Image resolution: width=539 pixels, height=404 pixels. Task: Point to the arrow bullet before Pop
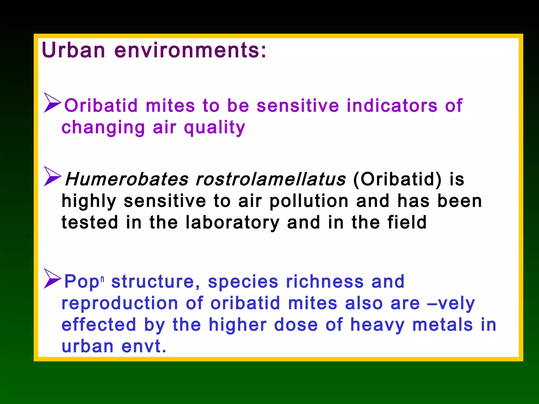[x=52, y=279]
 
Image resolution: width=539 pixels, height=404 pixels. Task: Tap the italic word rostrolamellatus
[x=271, y=179]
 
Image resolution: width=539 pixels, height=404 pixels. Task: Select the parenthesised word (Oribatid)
[x=397, y=179]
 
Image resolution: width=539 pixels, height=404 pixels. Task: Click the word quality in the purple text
[x=214, y=128]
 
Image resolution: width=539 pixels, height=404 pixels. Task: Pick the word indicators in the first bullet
[x=392, y=106]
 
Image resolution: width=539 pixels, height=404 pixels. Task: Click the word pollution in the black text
[x=309, y=201]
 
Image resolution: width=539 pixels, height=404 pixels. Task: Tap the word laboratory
[x=232, y=223]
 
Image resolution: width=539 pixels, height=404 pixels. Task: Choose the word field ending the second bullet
[x=407, y=223]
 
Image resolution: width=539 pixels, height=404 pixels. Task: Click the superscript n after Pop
[x=102, y=279]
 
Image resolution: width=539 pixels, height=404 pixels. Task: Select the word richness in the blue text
[x=325, y=282]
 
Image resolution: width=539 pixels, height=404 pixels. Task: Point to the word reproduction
[x=120, y=303]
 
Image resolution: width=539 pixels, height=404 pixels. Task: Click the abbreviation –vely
[x=451, y=303]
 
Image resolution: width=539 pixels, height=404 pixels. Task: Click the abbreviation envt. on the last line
[x=144, y=346]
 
